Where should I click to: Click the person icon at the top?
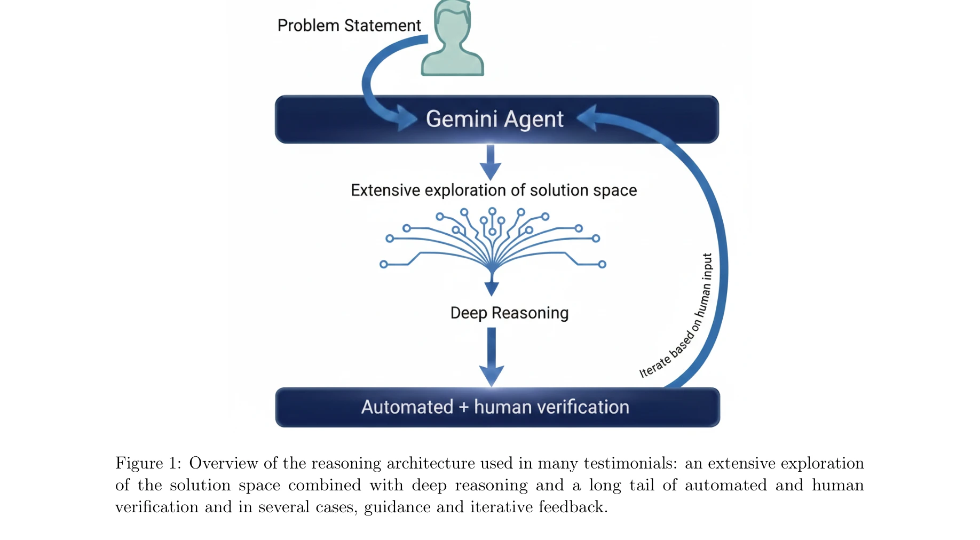click(x=452, y=40)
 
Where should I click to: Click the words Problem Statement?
click(x=349, y=25)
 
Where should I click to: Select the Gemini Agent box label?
click(x=494, y=119)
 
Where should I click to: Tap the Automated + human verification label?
click(x=495, y=407)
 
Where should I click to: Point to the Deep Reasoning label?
click(x=509, y=313)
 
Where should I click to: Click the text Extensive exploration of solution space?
click(x=494, y=190)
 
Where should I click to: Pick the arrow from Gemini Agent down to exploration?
click(x=491, y=162)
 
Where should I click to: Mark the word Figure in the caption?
click(x=139, y=463)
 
